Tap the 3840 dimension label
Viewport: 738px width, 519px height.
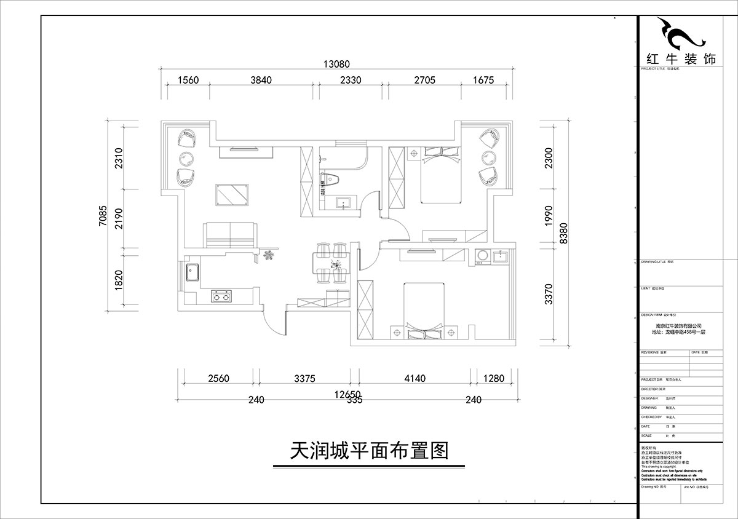click(x=261, y=80)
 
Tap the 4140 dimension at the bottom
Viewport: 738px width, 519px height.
click(x=415, y=379)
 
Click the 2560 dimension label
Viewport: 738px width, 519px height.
click(x=218, y=379)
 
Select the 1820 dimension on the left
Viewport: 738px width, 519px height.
click(x=120, y=280)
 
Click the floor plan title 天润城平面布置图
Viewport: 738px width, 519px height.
click(x=368, y=452)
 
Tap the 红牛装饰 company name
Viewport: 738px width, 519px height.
click(x=681, y=59)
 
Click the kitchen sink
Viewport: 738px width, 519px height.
click(x=191, y=271)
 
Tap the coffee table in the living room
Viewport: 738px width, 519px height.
click(x=232, y=194)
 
